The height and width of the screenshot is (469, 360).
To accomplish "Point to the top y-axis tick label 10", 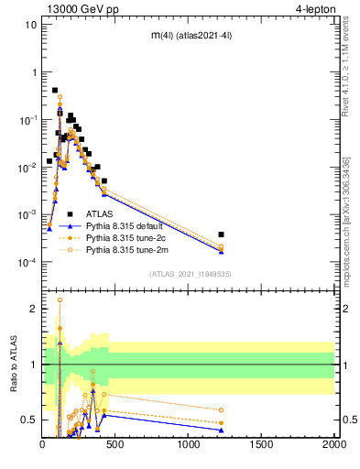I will (29, 24).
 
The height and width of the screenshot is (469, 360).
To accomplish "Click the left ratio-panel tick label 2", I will (33, 309).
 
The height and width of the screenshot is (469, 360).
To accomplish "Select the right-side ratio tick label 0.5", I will (348, 420).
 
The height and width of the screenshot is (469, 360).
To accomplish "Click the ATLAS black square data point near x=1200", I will (221, 234).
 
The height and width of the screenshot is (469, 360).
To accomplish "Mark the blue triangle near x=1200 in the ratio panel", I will (221, 430).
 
